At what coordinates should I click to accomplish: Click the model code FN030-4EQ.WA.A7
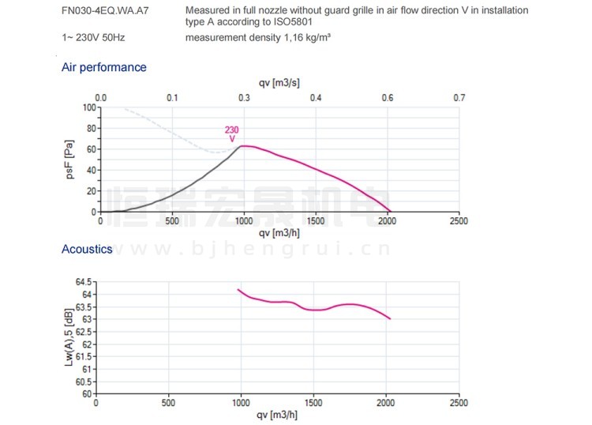coord(104,11)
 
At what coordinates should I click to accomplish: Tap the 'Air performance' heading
coord(103,67)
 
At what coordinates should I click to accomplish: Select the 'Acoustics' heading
coord(87,249)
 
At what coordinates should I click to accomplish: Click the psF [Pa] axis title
coord(70,160)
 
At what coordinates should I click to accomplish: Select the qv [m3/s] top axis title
coord(279,82)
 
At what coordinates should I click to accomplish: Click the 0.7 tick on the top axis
coord(459,97)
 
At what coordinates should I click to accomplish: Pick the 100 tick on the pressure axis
coord(89,107)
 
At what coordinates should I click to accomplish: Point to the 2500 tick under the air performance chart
coord(458,221)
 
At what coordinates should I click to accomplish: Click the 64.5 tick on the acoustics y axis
coord(84,281)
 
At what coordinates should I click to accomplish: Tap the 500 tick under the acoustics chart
coord(167,403)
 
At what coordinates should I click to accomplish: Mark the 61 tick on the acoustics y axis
coord(88,369)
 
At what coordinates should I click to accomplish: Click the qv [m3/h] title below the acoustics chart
coord(277,416)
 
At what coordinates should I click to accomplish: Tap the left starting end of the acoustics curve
coord(238,290)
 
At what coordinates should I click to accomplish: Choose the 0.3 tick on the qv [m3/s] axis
coord(244,97)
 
